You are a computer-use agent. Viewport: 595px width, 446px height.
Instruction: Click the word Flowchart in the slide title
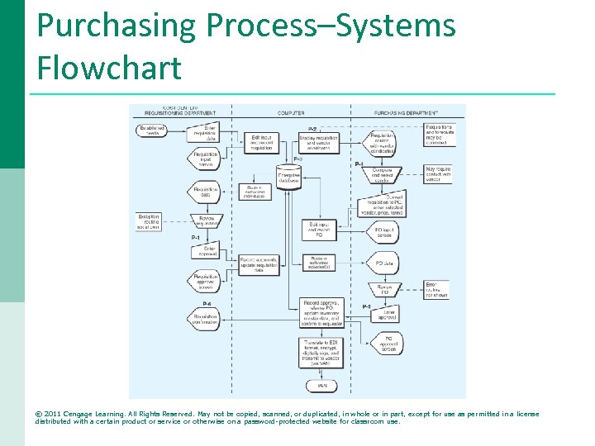pos(109,68)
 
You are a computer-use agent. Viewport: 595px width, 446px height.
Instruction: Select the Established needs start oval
pos(153,130)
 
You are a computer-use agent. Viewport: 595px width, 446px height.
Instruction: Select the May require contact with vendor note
pos(439,174)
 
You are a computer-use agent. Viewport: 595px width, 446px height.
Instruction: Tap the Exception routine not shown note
pos(150,221)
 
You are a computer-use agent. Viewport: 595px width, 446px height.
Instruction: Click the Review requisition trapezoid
pos(206,221)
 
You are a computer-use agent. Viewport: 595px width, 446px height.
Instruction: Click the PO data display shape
pos(384,263)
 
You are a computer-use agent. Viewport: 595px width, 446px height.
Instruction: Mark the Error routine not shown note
pos(437,290)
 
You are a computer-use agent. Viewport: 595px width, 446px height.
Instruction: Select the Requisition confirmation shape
pos(206,319)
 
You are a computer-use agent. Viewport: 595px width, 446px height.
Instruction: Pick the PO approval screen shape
pos(386,344)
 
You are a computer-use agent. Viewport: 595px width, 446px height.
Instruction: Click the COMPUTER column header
pos(290,113)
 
